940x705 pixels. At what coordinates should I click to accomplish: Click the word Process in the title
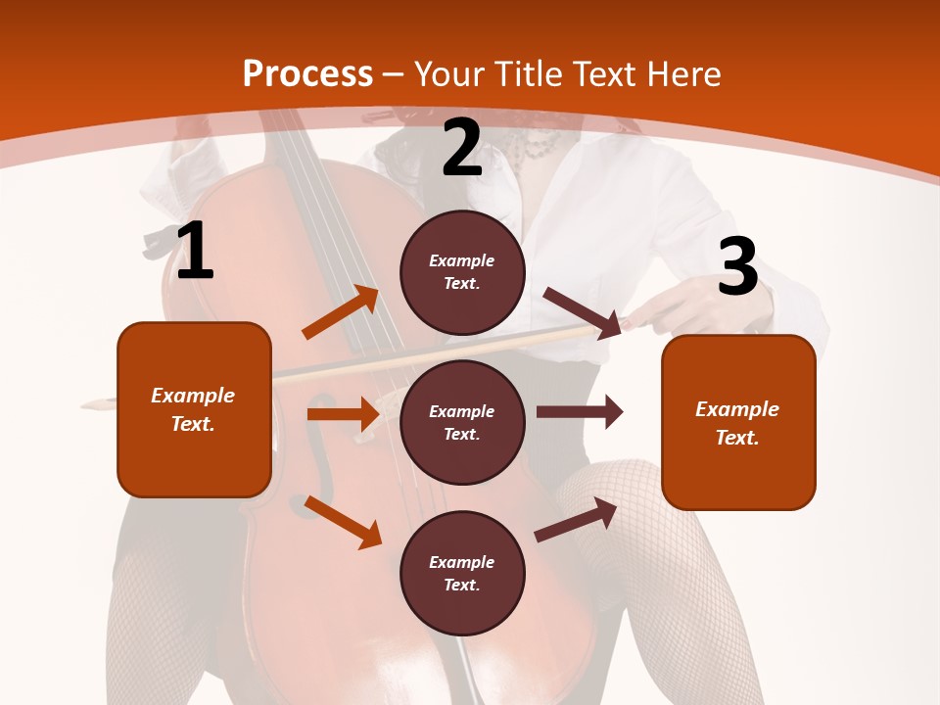click(x=307, y=74)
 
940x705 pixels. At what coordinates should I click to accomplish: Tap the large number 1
click(x=195, y=251)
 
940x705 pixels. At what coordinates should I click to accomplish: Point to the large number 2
click(x=462, y=148)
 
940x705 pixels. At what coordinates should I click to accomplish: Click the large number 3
click(x=737, y=266)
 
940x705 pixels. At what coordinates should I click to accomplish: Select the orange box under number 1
click(x=194, y=409)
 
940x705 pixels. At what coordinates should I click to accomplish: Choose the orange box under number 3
click(x=738, y=422)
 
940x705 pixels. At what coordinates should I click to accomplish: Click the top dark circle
click(x=462, y=272)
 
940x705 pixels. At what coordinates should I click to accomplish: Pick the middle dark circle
click(x=462, y=422)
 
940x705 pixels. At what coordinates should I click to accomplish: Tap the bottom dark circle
click(x=462, y=573)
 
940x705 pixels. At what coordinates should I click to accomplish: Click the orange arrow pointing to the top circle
click(x=340, y=312)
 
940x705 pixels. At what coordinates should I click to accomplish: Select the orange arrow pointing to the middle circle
click(x=343, y=414)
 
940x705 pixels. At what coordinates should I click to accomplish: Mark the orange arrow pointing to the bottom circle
click(x=343, y=522)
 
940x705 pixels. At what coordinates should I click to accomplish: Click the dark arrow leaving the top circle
click(x=582, y=312)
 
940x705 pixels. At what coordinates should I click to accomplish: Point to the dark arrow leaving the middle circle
click(x=580, y=412)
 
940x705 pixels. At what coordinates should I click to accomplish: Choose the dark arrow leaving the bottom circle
click(x=577, y=519)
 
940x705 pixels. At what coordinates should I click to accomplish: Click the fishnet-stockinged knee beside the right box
click(x=627, y=490)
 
